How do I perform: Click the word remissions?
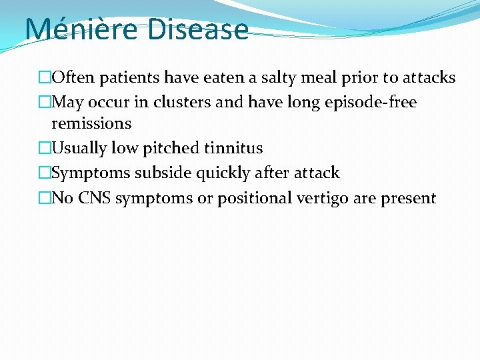tap(91, 123)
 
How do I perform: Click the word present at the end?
tap(409, 199)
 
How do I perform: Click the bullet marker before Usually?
tap(45, 148)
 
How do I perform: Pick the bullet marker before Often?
tap(45, 78)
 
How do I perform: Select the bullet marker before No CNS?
tap(45, 199)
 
